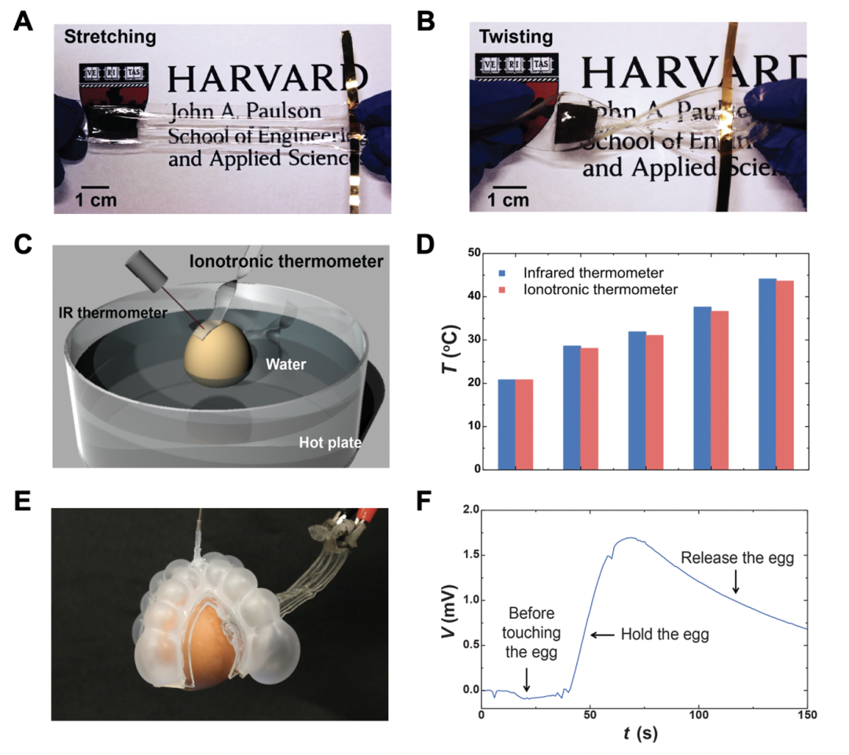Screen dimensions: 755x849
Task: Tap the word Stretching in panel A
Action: point(110,36)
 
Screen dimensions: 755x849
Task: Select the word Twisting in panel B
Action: point(516,37)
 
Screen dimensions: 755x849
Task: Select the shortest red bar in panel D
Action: point(524,424)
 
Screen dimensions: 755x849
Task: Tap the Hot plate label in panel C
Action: point(330,443)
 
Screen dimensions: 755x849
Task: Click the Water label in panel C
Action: point(285,365)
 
